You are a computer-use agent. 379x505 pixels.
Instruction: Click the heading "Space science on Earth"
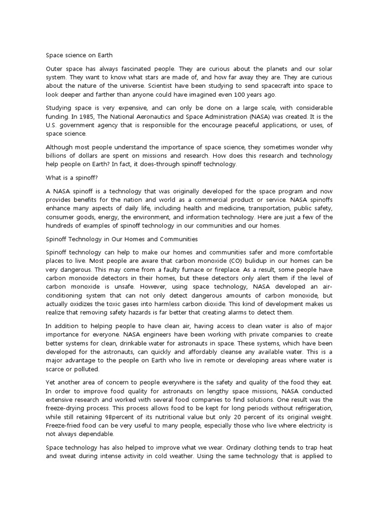click(x=79, y=55)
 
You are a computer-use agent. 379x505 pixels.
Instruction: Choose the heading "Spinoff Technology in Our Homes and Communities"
click(x=121, y=239)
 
